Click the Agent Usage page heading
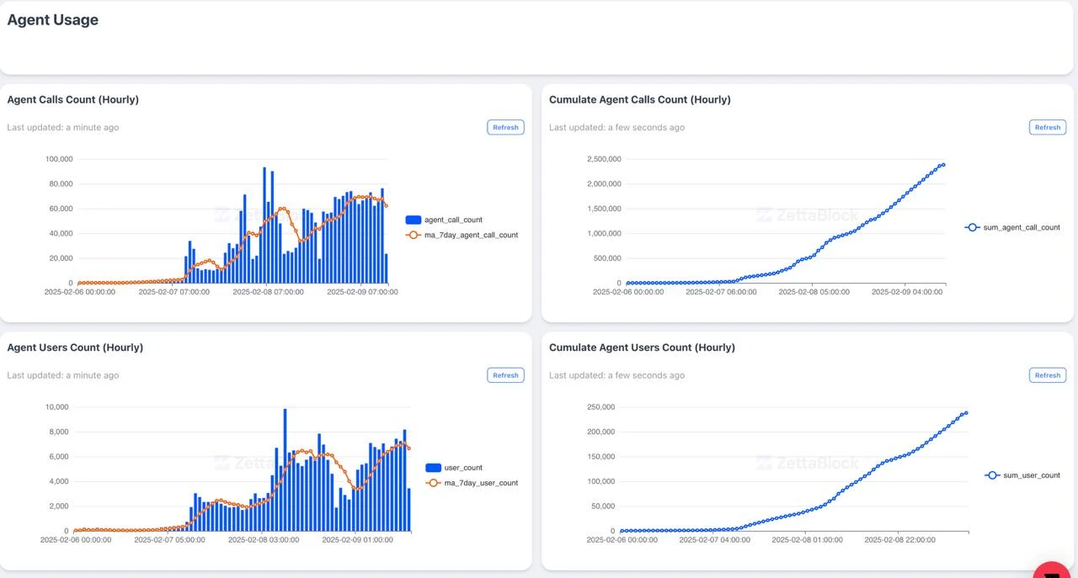[x=53, y=20]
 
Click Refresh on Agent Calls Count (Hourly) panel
[x=505, y=127]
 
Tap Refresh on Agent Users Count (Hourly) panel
[x=505, y=375]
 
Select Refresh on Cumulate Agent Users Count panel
[x=1047, y=375]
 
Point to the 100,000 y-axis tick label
[x=59, y=159]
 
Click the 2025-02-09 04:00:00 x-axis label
[x=907, y=292]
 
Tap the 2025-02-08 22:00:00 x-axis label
[x=899, y=540]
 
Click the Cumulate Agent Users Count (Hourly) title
[x=642, y=347]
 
